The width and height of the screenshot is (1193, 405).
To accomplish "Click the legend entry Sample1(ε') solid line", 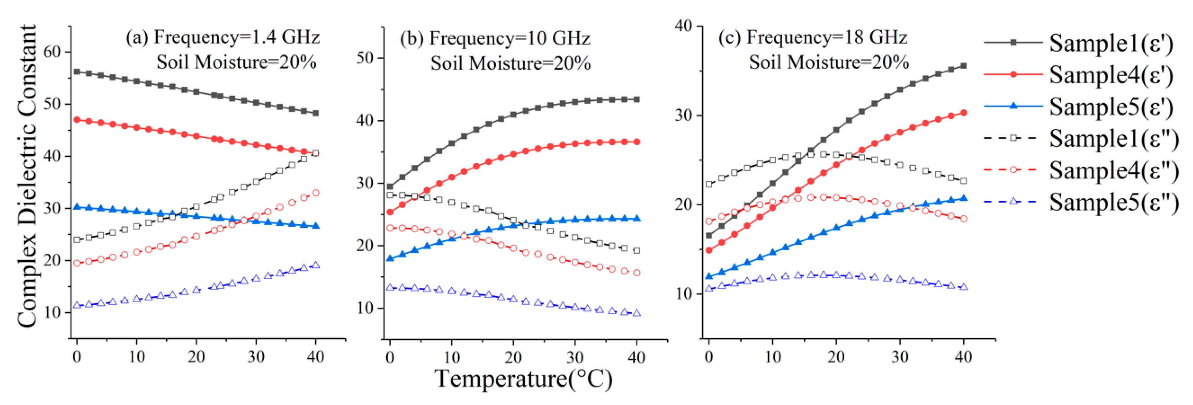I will [x=1079, y=43].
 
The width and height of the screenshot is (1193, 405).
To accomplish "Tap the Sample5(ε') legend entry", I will [x=1079, y=107].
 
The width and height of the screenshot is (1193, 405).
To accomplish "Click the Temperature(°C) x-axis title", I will [x=523, y=379].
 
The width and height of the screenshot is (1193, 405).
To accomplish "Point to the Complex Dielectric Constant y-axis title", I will [x=27, y=176].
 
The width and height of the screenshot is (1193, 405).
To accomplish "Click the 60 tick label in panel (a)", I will [x=52, y=52].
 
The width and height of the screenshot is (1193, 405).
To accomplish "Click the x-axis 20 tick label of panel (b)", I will [x=513, y=357].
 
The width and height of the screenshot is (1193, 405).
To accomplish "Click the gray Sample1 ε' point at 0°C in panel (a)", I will [x=77, y=72].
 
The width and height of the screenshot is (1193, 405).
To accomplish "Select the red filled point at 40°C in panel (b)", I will [x=637, y=142].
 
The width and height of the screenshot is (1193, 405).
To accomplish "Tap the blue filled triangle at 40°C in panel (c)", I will [x=964, y=198].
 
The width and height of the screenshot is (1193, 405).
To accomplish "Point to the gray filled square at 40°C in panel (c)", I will [x=964, y=66].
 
